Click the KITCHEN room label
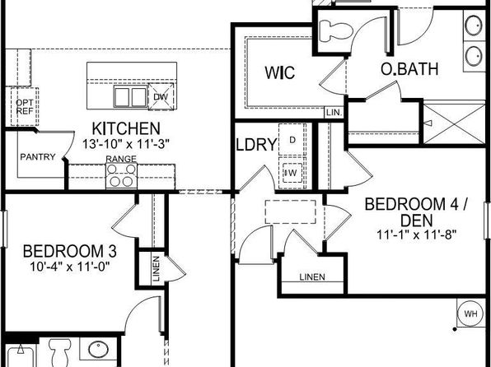[x=126, y=128]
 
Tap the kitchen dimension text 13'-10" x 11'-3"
[x=126, y=144]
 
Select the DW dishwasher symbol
[x=161, y=96]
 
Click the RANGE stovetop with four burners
[x=121, y=175]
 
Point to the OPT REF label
[x=24, y=107]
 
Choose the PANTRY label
[x=38, y=156]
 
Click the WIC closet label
[x=279, y=72]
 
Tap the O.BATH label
[x=409, y=69]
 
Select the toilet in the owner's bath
[x=335, y=30]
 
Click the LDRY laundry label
[x=256, y=145]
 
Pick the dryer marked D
[x=292, y=140]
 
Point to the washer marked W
[x=292, y=173]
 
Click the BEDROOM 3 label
[x=70, y=252]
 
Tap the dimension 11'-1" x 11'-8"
[x=416, y=235]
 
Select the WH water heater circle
[x=471, y=314]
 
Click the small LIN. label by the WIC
[x=334, y=113]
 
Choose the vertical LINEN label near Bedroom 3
[x=157, y=268]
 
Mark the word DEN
[x=417, y=221]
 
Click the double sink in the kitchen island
[x=130, y=96]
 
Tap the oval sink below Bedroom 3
[x=98, y=349]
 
